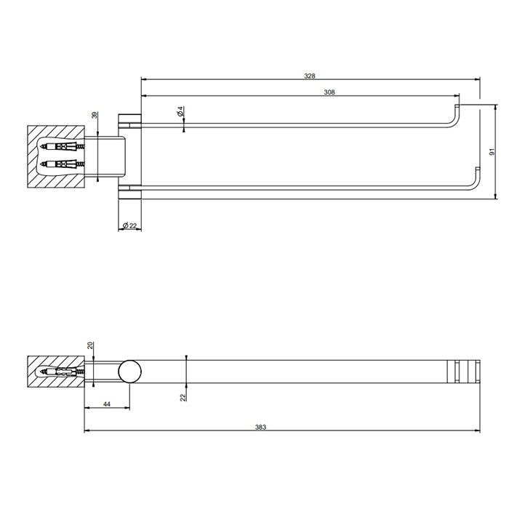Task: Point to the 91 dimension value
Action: [x=492, y=152]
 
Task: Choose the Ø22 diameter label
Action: [x=129, y=226]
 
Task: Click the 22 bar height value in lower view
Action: [x=183, y=395]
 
